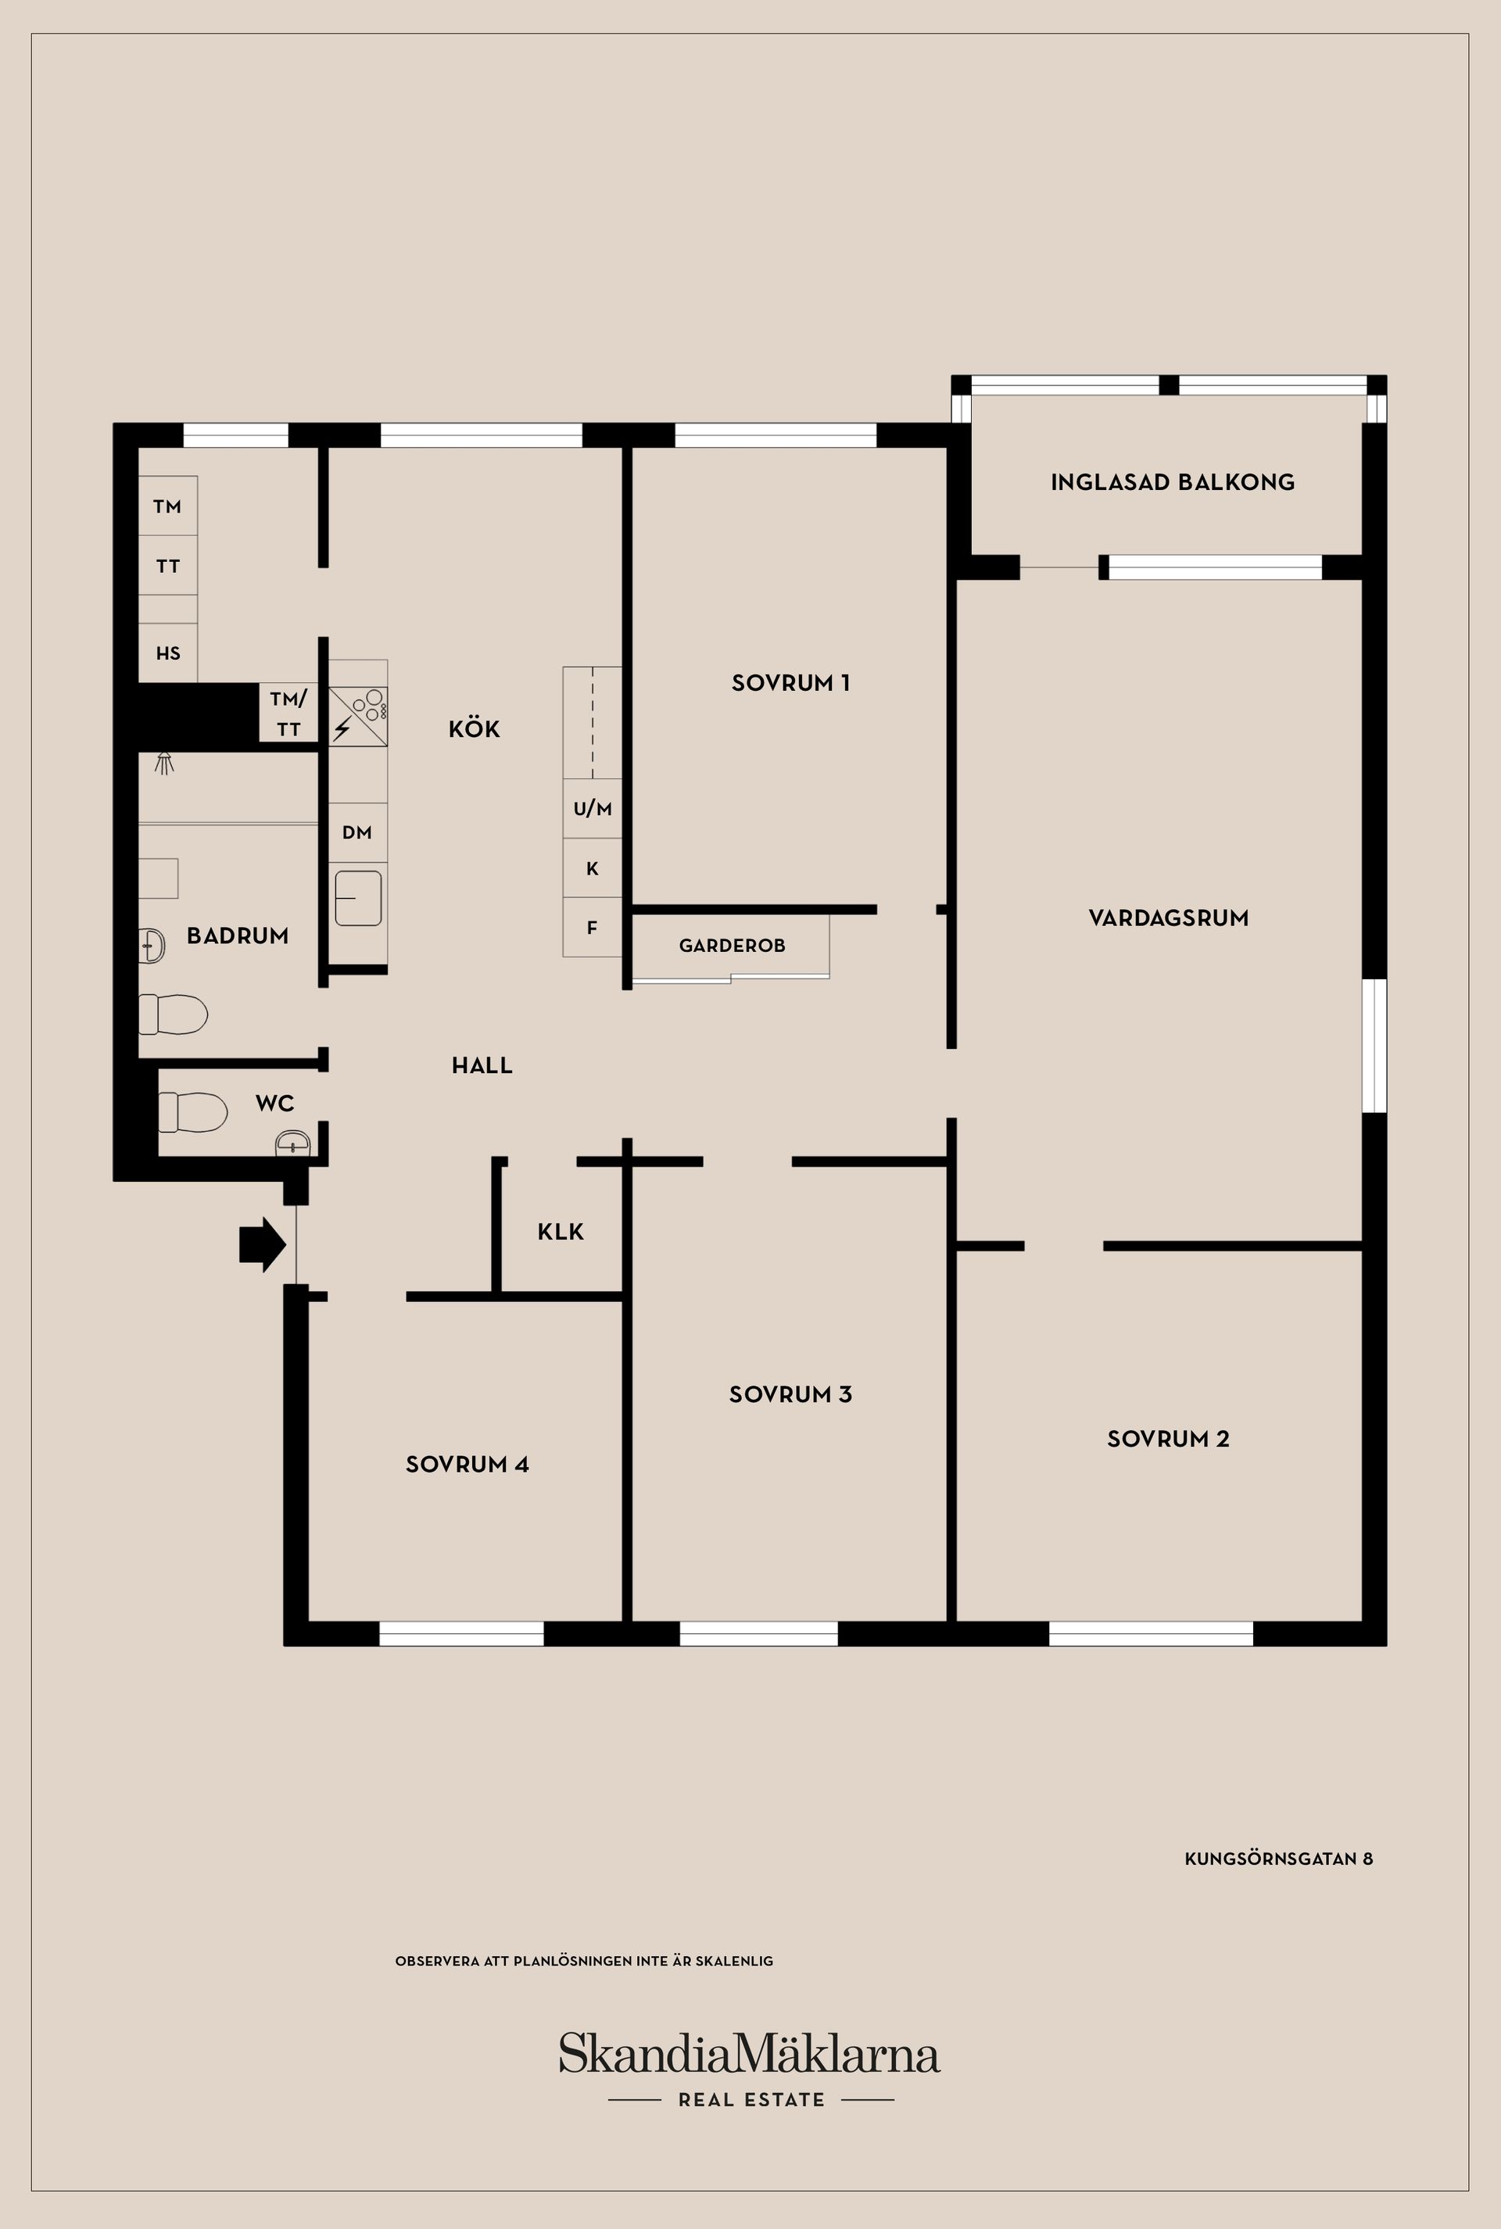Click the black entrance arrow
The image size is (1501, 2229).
(x=263, y=1245)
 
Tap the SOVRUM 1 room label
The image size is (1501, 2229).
(x=790, y=683)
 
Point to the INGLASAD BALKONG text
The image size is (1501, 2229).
(x=1173, y=482)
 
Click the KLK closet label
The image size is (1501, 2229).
(x=561, y=1232)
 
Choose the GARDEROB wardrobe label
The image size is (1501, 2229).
(x=733, y=946)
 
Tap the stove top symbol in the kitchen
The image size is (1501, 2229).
(x=358, y=717)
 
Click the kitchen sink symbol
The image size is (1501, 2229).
(x=358, y=898)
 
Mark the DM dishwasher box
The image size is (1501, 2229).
(x=358, y=832)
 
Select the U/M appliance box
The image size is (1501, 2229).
(x=593, y=809)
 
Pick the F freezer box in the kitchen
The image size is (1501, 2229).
(x=593, y=928)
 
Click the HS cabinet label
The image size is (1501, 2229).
(x=169, y=653)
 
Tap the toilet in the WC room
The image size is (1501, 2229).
(x=192, y=1112)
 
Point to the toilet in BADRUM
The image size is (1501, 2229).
(x=174, y=1014)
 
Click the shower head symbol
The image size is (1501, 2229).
(x=165, y=763)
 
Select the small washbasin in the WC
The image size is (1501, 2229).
(x=293, y=1143)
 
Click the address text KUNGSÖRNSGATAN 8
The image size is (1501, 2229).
(x=1279, y=1859)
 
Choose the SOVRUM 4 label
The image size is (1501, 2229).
(x=467, y=1465)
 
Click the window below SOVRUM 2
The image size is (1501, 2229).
(x=1151, y=1633)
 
